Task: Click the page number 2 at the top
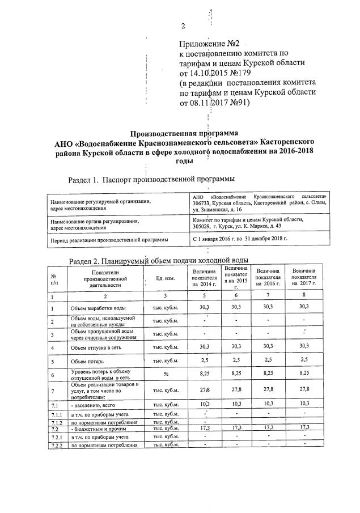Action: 183,26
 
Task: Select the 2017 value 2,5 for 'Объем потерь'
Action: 304,360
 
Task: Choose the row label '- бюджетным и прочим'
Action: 94,429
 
